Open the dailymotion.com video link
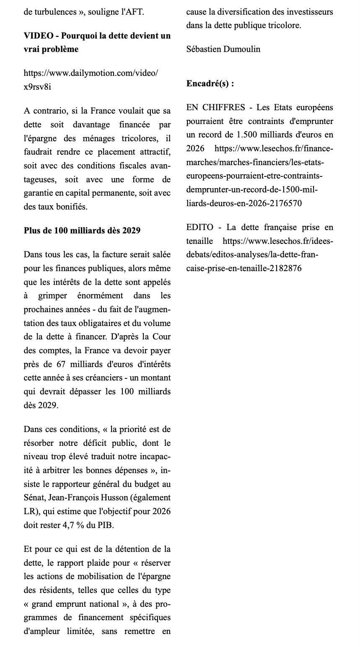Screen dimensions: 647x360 point(91,73)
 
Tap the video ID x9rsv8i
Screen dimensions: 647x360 point(37,87)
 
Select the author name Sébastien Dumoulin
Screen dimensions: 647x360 point(223,49)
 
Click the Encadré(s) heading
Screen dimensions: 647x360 point(210,83)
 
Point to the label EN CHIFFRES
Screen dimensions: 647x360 point(215,107)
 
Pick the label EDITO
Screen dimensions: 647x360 point(199,227)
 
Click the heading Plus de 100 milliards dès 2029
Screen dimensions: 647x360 point(82,230)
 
